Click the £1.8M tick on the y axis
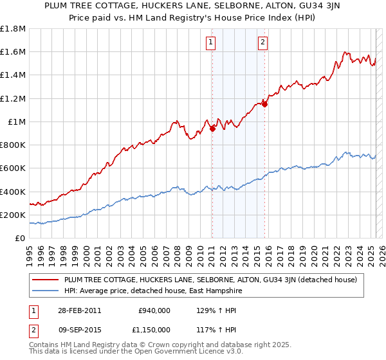(14, 29)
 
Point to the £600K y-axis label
(13, 168)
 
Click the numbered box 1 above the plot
(211, 43)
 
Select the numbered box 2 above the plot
(264, 43)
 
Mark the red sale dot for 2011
(212, 129)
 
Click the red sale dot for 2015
(264, 104)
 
